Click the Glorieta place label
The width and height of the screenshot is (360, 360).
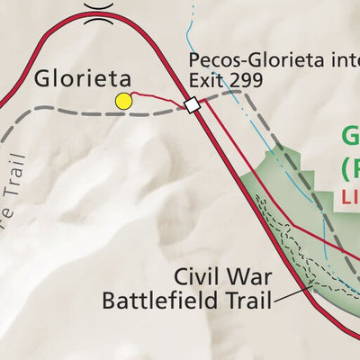76,78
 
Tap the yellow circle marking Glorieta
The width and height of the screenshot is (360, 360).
123,102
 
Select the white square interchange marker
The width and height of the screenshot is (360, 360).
192,105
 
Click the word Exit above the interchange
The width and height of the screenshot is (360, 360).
204,80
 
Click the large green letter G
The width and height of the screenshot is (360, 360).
350,138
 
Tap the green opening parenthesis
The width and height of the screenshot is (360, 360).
347,168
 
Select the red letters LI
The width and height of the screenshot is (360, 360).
351,196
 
